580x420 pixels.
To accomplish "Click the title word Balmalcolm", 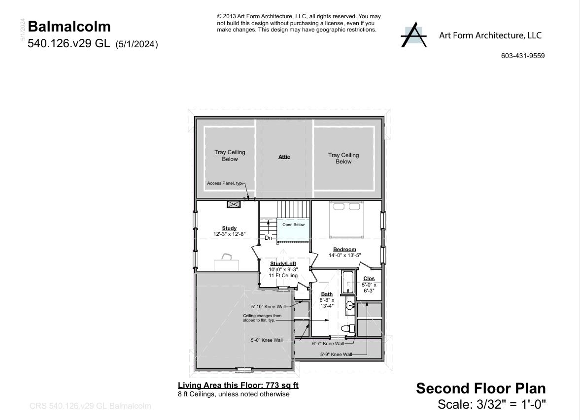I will pos(69,27).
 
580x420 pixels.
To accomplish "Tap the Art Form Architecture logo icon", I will pos(413,35).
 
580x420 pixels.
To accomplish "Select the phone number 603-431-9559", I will pos(522,56).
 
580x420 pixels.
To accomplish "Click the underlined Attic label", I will pos(284,157).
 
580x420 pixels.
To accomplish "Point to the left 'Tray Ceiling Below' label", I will pos(230,156).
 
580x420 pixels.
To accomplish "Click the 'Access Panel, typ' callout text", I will pos(225,183).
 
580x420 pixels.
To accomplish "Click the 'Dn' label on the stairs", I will pos(269,238).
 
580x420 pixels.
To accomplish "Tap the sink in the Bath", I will pos(349,306).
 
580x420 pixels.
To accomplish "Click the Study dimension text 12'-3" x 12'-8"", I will pos(229,234).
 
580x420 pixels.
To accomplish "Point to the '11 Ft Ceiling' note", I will pos(283,276).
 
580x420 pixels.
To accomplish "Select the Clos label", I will pos(369,279).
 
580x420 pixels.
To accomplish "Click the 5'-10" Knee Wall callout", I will pos(268,307).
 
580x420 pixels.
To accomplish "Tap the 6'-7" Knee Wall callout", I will pos(329,344).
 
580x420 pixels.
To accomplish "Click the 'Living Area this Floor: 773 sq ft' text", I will pos(238,386).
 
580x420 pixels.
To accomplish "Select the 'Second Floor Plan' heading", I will pos(480,388).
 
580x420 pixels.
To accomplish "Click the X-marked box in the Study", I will pos(233,204).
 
